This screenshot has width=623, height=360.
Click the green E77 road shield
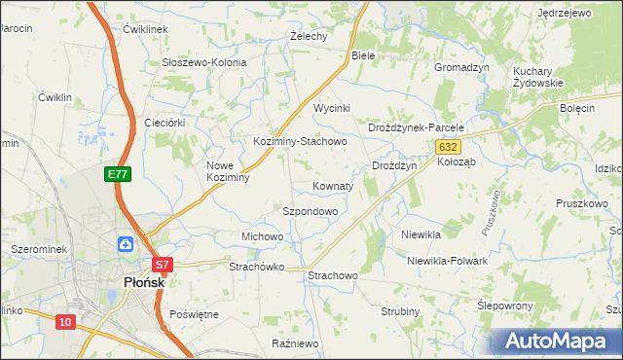click(118, 174)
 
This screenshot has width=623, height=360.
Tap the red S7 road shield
click(162, 264)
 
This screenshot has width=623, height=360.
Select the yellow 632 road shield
click(447, 146)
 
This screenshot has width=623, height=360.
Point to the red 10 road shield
click(65, 322)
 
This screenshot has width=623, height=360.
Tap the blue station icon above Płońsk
click(127, 244)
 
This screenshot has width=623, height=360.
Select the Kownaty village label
click(333, 186)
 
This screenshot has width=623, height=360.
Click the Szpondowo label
click(310, 211)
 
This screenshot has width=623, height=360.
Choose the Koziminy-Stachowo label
click(300, 141)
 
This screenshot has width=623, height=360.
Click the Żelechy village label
click(309, 37)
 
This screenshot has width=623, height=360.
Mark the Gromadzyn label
click(461, 68)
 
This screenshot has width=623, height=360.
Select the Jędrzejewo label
click(565, 14)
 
